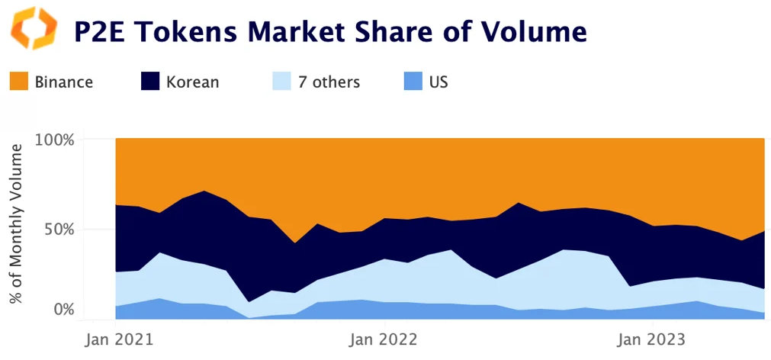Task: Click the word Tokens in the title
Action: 185,32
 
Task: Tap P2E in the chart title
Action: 100,32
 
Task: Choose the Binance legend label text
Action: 64,82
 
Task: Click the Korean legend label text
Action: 192,82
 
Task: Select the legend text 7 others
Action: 330,82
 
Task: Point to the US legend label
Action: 439,82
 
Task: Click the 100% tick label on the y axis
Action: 54,140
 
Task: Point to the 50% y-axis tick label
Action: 58,230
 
